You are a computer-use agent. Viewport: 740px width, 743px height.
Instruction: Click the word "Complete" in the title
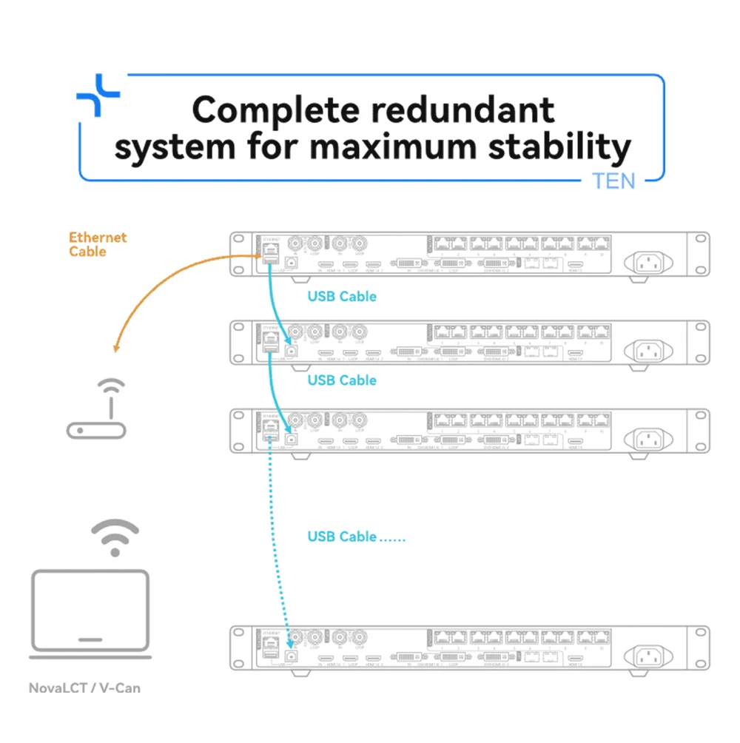point(268,111)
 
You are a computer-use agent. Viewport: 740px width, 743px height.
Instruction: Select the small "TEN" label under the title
point(613,181)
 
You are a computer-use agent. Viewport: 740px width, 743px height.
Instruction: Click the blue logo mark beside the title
point(98,95)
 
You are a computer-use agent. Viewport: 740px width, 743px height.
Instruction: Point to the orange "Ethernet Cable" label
point(98,244)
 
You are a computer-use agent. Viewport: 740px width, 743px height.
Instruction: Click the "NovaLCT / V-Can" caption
point(84,688)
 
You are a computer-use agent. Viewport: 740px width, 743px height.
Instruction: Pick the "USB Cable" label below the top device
point(341,297)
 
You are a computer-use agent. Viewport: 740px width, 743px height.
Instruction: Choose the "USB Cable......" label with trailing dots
point(356,537)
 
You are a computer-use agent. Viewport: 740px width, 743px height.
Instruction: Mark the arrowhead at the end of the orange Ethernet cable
point(115,348)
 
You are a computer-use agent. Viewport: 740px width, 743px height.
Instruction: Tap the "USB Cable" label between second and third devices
point(341,380)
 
